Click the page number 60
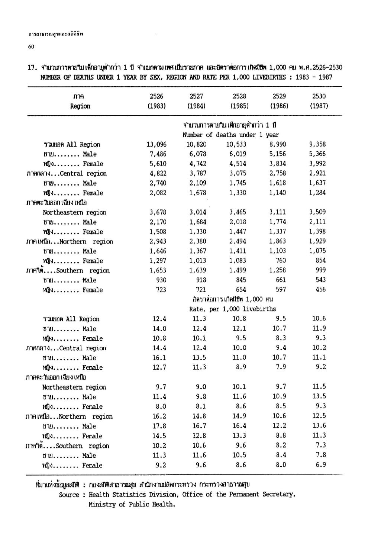click(31, 46)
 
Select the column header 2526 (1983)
click(156, 101)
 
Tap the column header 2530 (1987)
click(319, 101)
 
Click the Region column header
click(80, 106)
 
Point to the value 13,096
click(156, 145)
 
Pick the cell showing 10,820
click(196, 145)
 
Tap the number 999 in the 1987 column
click(320, 270)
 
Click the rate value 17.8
click(160, 426)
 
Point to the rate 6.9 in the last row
click(321, 465)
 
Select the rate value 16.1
click(160, 358)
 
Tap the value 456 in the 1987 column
click(320, 290)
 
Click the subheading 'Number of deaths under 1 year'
click(231, 135)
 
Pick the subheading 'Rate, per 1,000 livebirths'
click(232, 309)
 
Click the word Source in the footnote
click(69, 495)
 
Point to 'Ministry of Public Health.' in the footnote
click(131, 504)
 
